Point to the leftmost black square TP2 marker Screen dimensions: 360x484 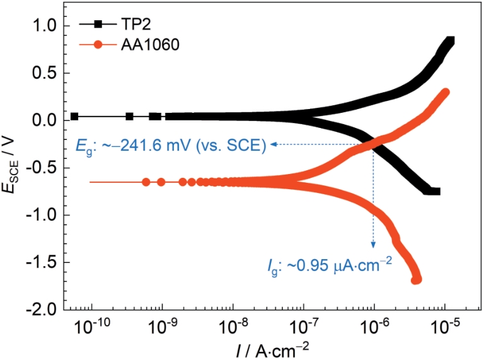[75, 117]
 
